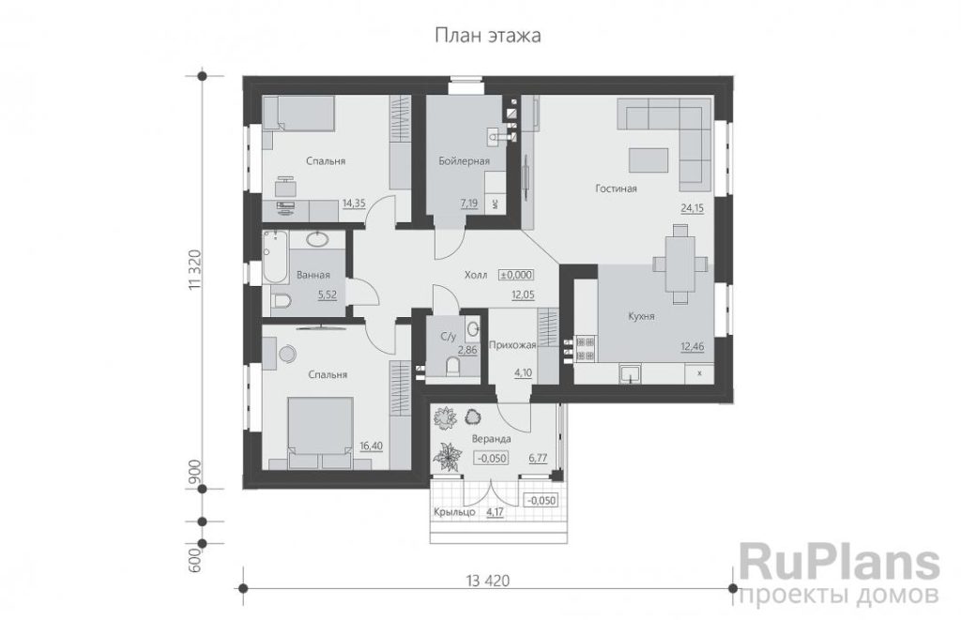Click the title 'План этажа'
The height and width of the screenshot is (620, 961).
pyautogui.click(x=488, y=36)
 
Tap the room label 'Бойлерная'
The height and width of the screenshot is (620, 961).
pyautogui.click(x=464, y=161)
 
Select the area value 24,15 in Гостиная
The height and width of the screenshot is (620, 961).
pyautogui.click(x=692, y=208)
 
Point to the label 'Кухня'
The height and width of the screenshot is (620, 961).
pyautogui.click(x=642, y=317)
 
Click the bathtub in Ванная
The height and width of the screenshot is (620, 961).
pyautogui.click(x=275, y=257)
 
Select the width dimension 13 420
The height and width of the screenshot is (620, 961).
pyautogui.click(x=488, y=581)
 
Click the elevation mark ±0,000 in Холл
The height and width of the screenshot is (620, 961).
pyautogui.click(x=516, y=275)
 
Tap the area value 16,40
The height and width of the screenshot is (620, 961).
pyautogui.click(x=371, y=446)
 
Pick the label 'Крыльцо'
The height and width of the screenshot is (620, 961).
pyautogui.click(x=454, y=512)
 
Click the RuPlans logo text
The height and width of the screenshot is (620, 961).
pyautogui.click(x=840, y=564)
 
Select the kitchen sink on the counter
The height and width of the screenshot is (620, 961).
pyautogui.click(x=630, y=372)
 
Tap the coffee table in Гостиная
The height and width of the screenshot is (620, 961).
pyautogui.click(x=649, y=160)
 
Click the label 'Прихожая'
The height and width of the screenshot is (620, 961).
pyautogui.click(x=512, y=345)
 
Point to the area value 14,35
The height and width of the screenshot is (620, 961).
pyautogui.click(x=354, y=203)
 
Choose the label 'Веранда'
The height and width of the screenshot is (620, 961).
pyautogui.click(x=492, y=439)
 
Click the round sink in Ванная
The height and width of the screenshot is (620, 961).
pyautogui.click(x=317, y=239)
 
